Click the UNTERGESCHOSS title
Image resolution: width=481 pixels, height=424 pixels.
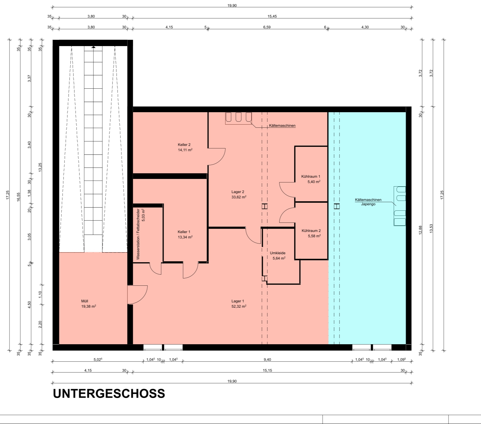[109, 393]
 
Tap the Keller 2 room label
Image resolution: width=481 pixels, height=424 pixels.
[184, 145]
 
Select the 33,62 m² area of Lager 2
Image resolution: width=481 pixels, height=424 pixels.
[239, 197]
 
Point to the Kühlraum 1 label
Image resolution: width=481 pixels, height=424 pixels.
[311, 176]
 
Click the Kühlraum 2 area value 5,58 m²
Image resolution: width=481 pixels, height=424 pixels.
[314, 236]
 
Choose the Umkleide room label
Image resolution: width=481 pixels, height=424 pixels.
[278, 253]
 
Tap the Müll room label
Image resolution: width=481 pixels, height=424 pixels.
[85, 301]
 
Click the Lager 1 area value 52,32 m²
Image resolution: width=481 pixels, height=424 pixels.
[239, 306]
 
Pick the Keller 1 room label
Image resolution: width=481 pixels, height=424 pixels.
[184, 232]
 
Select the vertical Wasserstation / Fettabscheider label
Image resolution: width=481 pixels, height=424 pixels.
[138, 234]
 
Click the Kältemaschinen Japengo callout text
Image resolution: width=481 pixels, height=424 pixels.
[368, 202]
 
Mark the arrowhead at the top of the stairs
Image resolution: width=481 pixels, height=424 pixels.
[93, 47]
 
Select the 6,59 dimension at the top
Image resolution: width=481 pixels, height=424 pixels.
[267, 27]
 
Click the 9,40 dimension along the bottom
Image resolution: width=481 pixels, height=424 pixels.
[267, 359]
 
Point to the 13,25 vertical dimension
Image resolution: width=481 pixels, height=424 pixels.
[40, 167]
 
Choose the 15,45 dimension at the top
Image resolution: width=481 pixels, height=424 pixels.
[272, 17]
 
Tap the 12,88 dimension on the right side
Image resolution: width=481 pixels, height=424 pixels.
[421, 230]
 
